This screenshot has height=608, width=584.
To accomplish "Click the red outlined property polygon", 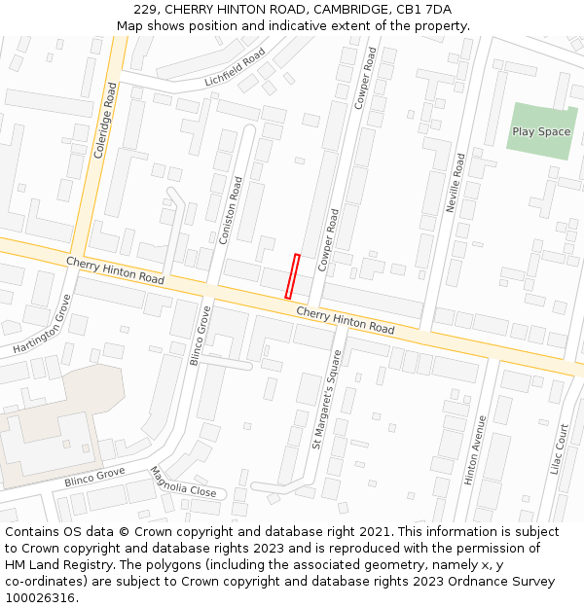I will tap(292, 276).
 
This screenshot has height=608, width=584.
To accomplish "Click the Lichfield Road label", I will tap(235, 68).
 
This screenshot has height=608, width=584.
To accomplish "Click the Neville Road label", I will tap(455, 183).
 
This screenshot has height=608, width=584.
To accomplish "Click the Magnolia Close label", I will tap(182, 482).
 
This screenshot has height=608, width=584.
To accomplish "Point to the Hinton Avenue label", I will tap(476, 450).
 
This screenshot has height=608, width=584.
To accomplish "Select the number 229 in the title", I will tap(146, 10).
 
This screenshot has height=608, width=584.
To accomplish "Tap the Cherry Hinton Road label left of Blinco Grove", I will tap(115, 269).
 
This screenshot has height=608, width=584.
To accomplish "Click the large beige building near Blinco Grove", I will tap(49, 428).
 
